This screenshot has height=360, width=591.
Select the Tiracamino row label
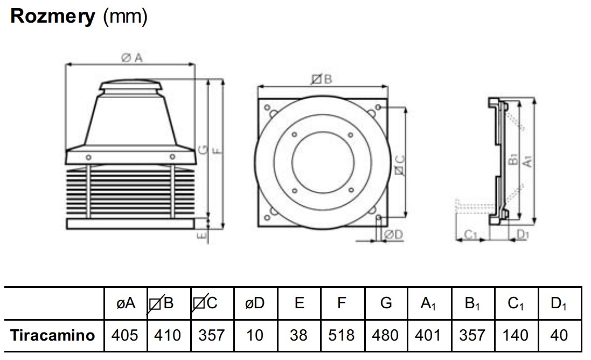tap(53, 335)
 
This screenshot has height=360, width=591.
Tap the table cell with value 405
tap(124, 335)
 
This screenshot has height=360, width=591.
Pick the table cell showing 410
tap(167, 335)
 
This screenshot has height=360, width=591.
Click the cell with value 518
tap(342, 335)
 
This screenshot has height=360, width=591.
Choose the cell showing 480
tap(385, 335)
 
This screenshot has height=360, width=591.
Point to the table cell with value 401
tap(429, 335)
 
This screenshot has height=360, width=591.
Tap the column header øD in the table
tap(254, 303)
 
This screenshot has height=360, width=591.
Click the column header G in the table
tap(385, 303)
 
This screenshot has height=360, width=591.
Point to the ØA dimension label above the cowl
tap(131, 59)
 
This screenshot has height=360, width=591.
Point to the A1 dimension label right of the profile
tap(529, 160)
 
